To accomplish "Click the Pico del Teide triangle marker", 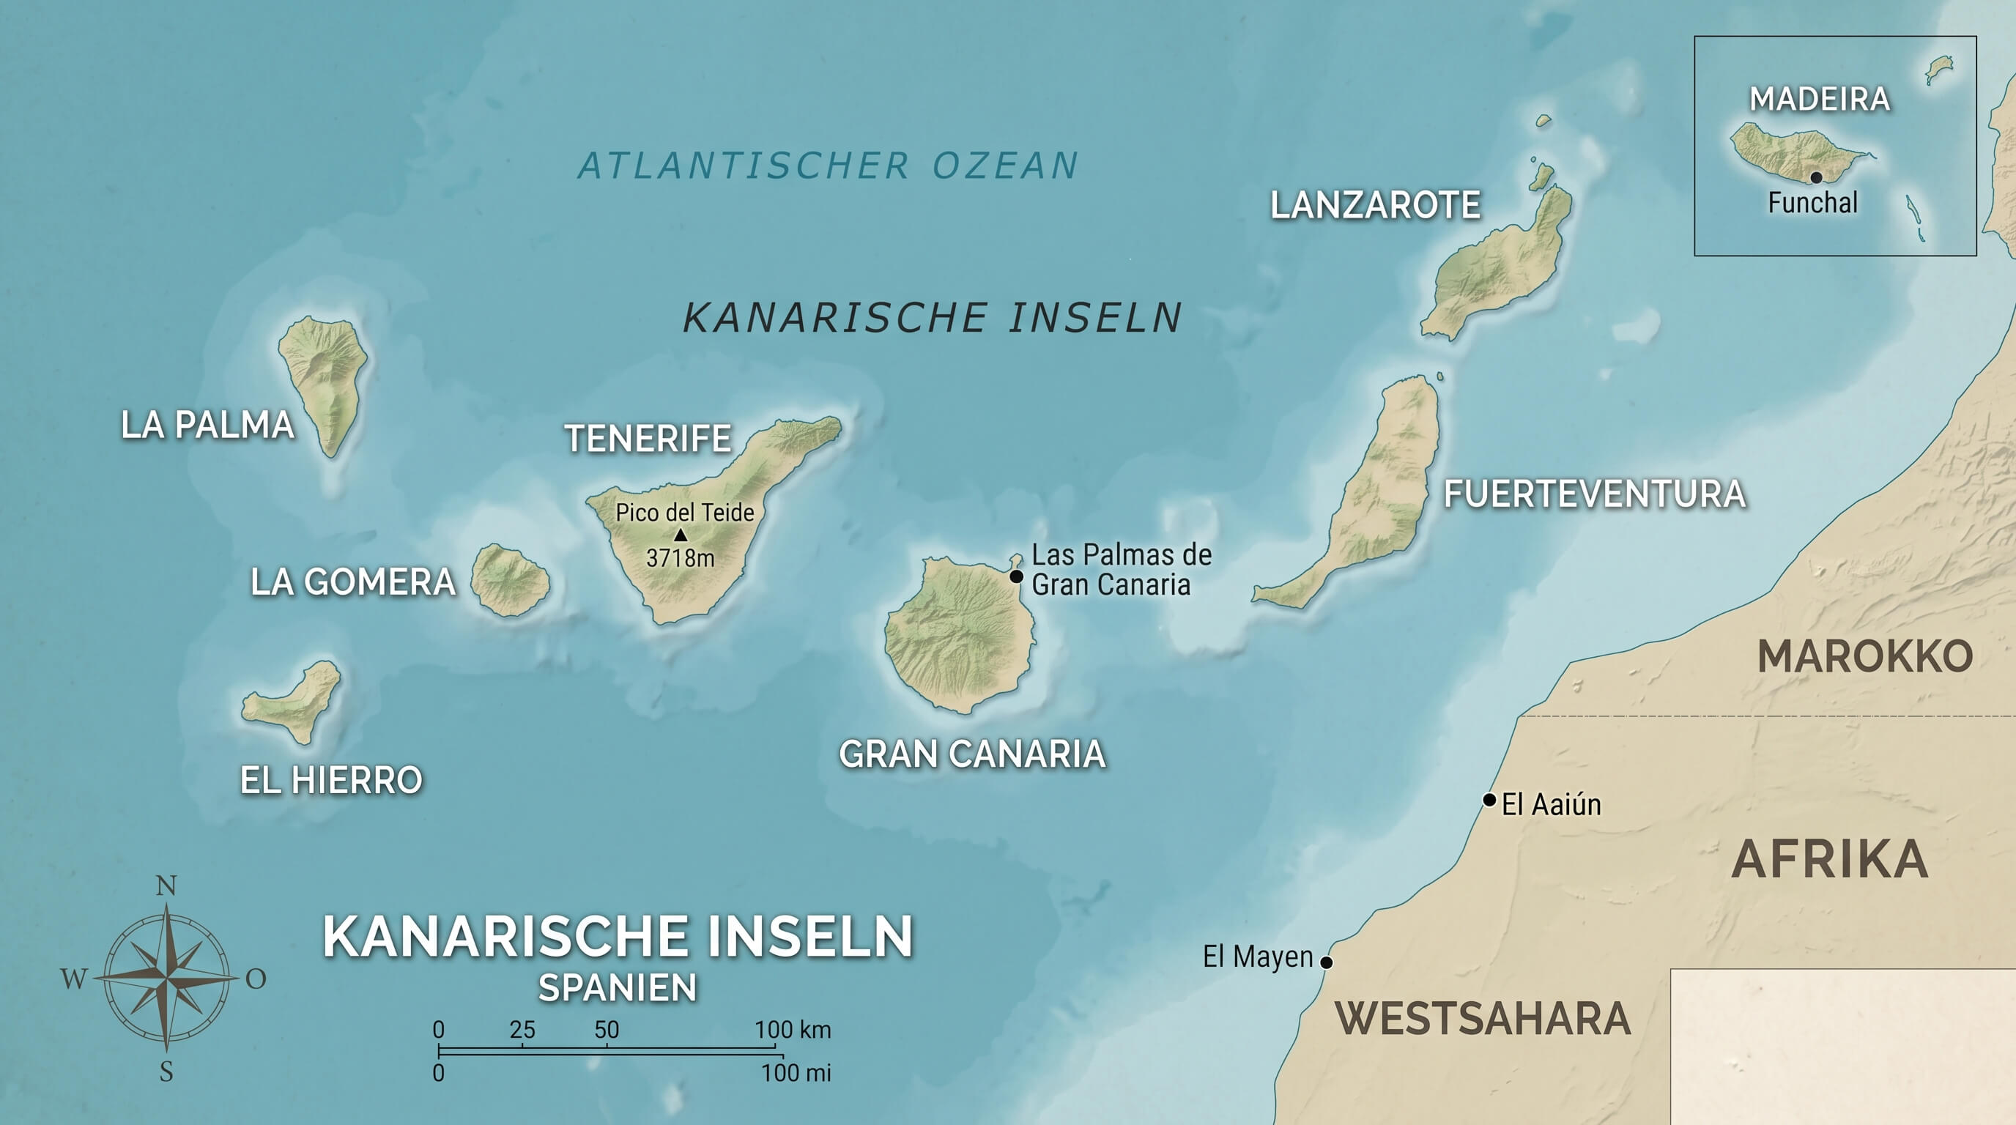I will point(680,535).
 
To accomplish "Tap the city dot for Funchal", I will point(1816,177).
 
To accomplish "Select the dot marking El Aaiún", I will point(1489,800).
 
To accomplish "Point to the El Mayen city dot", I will point(1326,962).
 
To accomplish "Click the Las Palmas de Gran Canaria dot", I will point(1016,576).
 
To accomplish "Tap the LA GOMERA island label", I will point(352,583).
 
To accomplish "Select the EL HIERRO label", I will point(331,781).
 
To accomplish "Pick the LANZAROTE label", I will point(1375,206).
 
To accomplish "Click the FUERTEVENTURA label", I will point(1594,494).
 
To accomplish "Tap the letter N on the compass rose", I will point(166,886).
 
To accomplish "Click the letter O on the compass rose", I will point(256,979).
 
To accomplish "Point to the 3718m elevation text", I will point(680,558).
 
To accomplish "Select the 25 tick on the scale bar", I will point(522,1031).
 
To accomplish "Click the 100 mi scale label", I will point(796,1072).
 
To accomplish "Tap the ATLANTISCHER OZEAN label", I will point(828,166).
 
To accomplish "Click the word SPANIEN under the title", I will point(618,988).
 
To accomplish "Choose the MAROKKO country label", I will point(1864,656).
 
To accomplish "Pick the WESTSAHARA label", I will point(1482,1019).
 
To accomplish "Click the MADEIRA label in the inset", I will point(1820,100).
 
